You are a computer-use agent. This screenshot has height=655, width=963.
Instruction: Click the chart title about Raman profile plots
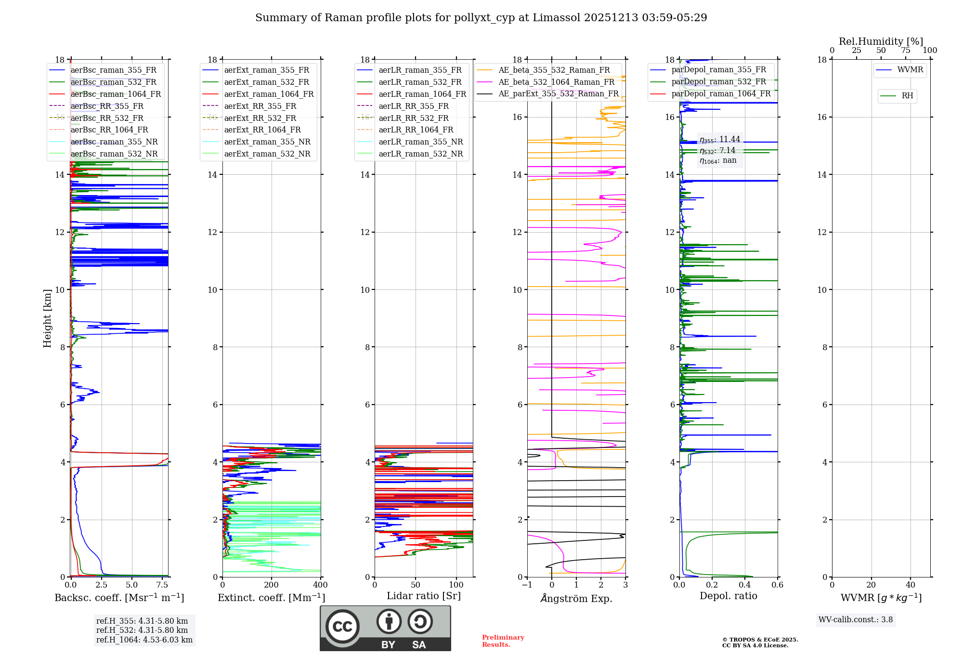tap(481, 18)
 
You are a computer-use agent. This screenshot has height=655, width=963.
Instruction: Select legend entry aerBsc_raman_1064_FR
tap(116, 94)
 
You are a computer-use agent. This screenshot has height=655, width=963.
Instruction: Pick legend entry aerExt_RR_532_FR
tap(260, 118)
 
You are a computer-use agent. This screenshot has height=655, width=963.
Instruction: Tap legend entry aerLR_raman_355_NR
tap(420, 142)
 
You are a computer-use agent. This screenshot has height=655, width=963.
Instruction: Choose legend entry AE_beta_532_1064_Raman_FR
tap(556, 82)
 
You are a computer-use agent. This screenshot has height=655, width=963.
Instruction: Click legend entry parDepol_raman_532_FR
tap(718, 82)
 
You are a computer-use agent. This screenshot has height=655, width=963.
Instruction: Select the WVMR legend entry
tap(910, 70)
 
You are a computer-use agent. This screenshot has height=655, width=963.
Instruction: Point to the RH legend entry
tap(907, 96)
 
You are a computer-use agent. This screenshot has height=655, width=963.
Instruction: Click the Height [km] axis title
tap(47, 318)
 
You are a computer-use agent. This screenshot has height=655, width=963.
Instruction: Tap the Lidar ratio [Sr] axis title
tap(424, 596)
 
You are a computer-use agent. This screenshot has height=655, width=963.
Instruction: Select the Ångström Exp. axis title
tap(576, 598)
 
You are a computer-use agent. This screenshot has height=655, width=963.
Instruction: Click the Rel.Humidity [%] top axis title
tap(881, 41)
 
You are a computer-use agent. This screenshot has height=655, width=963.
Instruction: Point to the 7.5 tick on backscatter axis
tap(162, 585)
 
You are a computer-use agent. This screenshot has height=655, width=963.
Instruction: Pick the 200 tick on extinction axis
tap(271, 585)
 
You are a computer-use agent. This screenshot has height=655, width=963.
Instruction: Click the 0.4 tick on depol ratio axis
tap(745, 585)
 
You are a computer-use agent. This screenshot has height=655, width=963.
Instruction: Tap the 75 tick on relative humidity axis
tap(906, 51)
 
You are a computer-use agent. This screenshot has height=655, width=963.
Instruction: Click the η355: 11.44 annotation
tap(720, 140)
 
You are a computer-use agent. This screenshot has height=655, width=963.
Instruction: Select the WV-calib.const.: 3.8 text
tap(856, 620)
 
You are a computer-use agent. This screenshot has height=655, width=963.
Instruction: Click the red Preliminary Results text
tap(503, 641)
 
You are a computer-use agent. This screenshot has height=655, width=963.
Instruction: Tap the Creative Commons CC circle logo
tap(342, 627)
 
